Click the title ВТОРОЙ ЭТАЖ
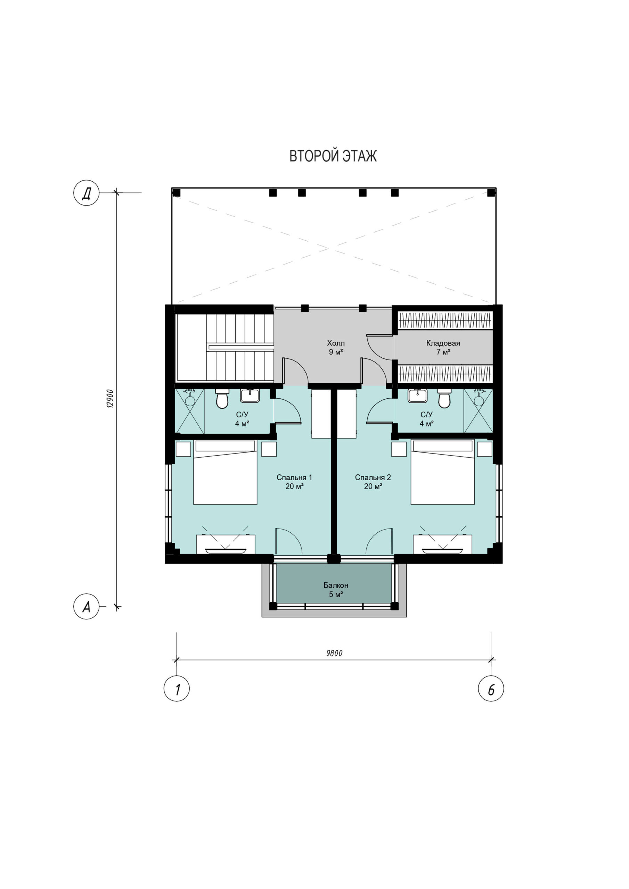click(x=333, y=156)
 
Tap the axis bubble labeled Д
click(x=87, y=192)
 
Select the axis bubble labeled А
click(x=87, y=606)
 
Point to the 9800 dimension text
click(x=334, y=653)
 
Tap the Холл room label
click(x=336, y=343)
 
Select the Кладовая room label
click(x=443, y=343)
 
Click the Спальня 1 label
click(x=294, y=477)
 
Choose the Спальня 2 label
click(x=373, y=477)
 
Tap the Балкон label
click(x=336, y=585)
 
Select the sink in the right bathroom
click(x=417, y=396)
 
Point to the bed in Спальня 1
click(x=225, y=472)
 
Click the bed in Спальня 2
click(x=443, y=472)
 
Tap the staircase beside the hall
click(x=225, y=347)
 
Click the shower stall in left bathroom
click(x=189, y=411)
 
